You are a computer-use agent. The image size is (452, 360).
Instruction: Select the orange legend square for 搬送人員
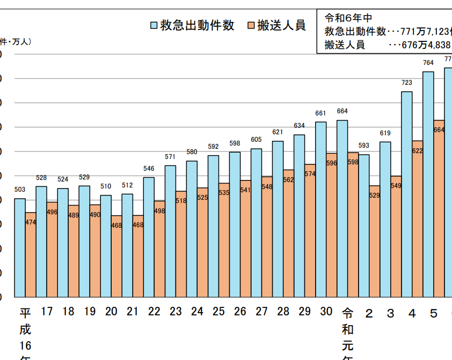pos(251,25)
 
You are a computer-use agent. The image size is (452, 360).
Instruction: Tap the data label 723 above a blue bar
pos(407,83)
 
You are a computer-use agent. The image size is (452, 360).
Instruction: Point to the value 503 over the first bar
pos(20,190)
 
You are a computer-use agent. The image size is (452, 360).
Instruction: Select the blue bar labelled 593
pos(364,226)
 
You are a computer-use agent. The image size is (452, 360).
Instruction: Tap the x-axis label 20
pos(111,312)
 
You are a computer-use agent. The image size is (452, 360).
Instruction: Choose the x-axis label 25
pos(218,312)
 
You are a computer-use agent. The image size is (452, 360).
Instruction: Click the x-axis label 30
pos(326,312)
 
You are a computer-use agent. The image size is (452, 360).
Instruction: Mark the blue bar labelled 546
pos(149,236)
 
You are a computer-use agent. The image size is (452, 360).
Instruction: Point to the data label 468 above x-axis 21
pos(138,225)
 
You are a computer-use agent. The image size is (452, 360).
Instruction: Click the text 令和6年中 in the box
pos(348,17)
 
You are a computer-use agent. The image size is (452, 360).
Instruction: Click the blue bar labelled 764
pos(428,183)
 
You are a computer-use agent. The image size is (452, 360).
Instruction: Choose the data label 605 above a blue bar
pos(256,140)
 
